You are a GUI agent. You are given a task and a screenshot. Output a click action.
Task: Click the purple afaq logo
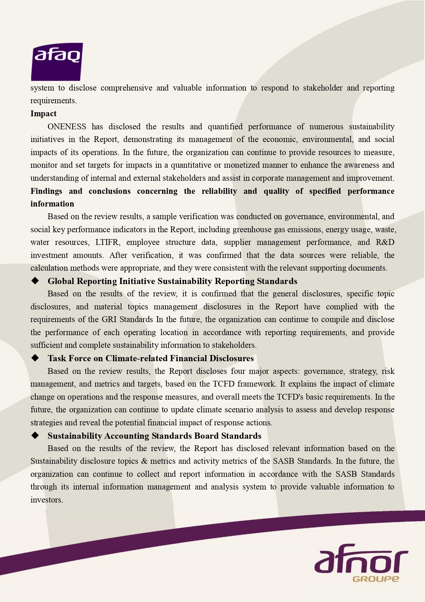tap(57, 61)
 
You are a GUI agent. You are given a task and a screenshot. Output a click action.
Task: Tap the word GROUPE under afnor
tap(375, 579)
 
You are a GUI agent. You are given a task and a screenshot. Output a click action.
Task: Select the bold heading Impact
tap(43, 114)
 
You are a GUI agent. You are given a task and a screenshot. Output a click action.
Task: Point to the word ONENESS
tap(67, 127)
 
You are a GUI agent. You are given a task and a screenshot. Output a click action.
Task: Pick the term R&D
tap(385, 243)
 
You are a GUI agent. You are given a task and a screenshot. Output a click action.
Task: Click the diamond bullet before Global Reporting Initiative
tap(35, 281)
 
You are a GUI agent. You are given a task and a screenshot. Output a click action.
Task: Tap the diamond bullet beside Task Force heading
tap(35, 358)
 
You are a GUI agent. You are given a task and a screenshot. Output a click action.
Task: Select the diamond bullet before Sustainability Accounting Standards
tap(35, 436)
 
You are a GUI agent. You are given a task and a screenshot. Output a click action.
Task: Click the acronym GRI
tap(110, 320)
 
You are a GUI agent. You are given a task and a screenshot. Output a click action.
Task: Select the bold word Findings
tap(46, 191)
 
